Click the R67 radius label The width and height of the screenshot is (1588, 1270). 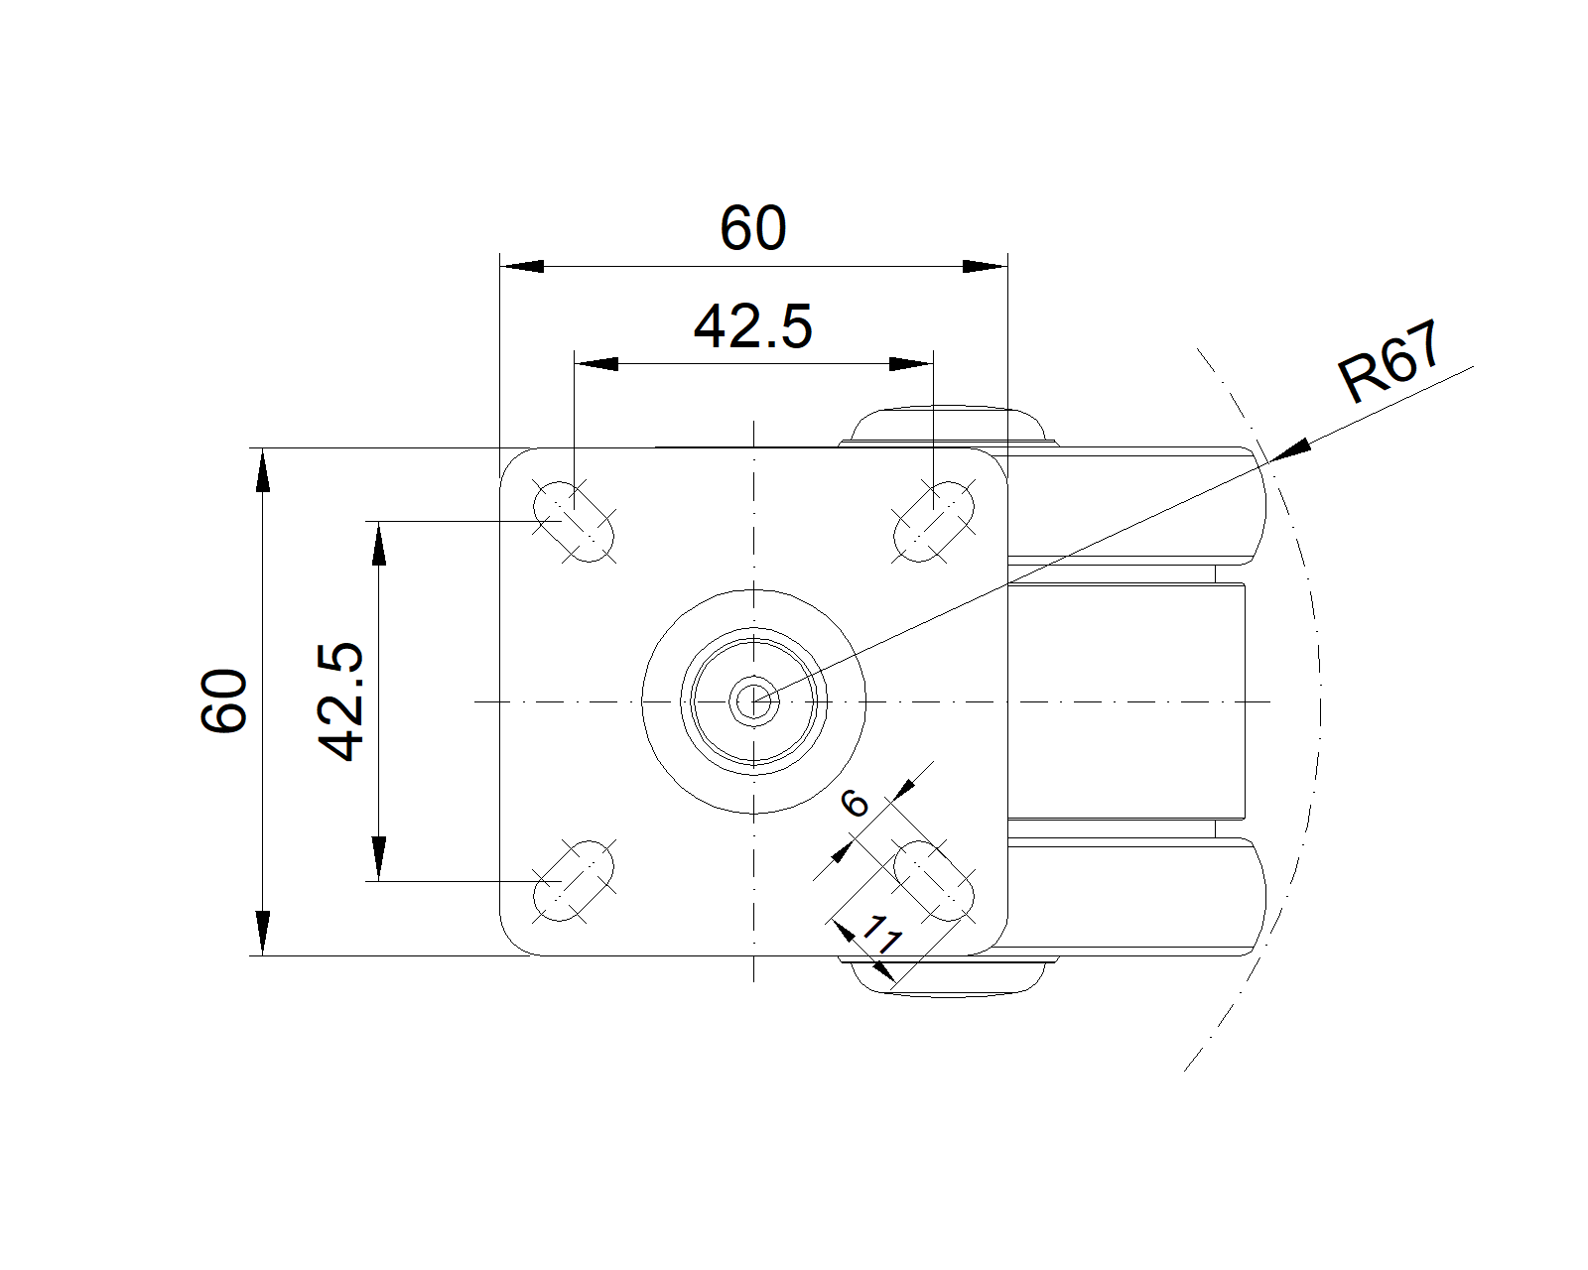(x=1389, y=361)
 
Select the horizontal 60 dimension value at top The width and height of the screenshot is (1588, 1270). (x=752, y=228)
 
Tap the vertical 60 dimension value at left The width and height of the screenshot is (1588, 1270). (x=223, y=701)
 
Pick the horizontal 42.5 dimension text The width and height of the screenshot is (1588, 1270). (x=752, y=326)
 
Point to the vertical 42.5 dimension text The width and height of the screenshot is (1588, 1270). (x=340, y=701)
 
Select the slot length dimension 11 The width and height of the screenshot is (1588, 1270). (x=881, y=935)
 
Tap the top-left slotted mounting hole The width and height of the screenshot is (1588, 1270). (x=574, y=522)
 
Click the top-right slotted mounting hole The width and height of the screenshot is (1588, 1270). (x=934, y=522)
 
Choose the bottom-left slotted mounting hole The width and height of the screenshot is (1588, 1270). (x=574, y=881)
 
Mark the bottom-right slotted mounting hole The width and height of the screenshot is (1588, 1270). (x=934, y=881)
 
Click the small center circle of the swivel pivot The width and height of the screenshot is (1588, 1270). (x=753, y=701)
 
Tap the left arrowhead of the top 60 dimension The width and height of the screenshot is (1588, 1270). (x=522, y=266)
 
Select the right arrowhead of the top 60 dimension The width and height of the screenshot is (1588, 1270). (x=986, y=266)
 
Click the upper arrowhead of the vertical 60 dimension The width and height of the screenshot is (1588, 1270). (x=263, y=470)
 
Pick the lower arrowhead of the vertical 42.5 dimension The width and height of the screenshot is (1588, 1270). (x=378, y=859)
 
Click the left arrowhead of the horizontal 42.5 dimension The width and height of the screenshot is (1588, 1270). (x=596, y=364)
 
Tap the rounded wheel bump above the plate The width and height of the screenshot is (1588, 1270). (x=949, y=426)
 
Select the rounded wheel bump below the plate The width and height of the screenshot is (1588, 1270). (x=949, y=976)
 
